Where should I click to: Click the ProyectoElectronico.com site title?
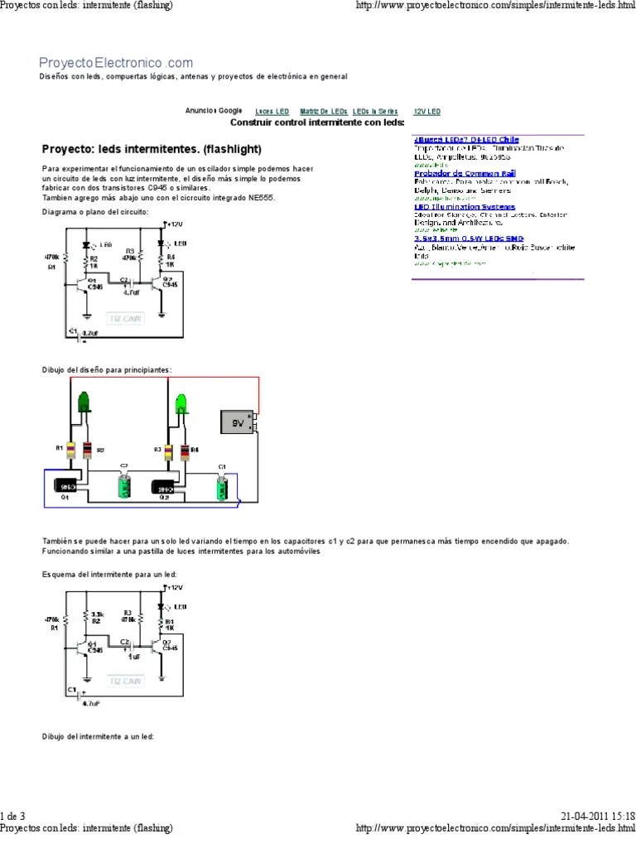(116, 63)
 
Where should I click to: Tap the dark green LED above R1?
(84, 403)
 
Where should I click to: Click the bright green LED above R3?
(182, 403)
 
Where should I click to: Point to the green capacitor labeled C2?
(123, 485)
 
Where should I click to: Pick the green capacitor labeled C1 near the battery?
(221, 487)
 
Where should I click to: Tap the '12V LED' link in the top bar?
(427, 111)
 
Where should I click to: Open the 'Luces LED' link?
(272, 111)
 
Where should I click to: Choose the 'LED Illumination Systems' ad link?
(464, 207)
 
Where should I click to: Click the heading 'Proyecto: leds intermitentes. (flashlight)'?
(152, 150)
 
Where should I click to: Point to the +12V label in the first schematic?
(174, 224)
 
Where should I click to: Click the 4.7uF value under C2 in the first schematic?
(129, 291)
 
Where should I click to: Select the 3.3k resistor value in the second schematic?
(97, 614)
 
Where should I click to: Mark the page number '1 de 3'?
(13, 815)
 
